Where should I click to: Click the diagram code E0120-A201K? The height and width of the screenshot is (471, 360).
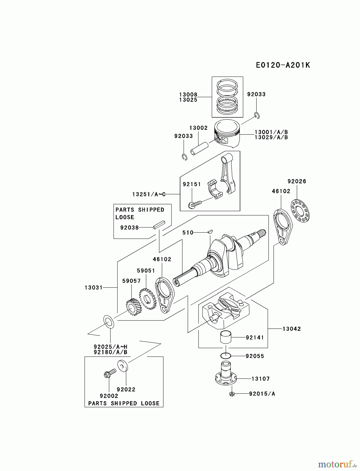pyautogui.click(x=283, y=65)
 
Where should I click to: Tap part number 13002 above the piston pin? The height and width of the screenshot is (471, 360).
pyautogui.click(x=198, y=128)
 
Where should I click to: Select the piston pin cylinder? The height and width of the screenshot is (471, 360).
pyautogui.click(x=199, y=148)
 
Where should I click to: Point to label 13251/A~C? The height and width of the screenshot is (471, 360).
pyautogui.click(x=149, y=194)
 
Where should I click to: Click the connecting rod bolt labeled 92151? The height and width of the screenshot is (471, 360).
pyautogui.click(x=195, y=204)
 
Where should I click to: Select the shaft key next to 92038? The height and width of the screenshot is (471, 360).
pyautogui.click(x=159, y=225)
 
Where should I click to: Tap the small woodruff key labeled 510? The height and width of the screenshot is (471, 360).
pyautogui.click(x=210, y=231)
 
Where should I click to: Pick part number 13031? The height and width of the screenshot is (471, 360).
pyautogui.click(x=93, y=288)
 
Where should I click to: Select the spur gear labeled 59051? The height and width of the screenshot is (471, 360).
pyautogui.click(x=147, y=299)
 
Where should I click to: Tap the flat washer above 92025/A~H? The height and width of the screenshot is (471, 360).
pyautogui.click(x=109, y=322)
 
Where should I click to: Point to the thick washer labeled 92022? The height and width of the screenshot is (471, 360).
pyautogui.click(x=122, y=366)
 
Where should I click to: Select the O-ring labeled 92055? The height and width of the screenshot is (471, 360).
pyautogui.click(x=226, y=356)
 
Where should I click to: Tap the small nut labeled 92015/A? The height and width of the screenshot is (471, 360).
pyautogui.click(x=232, y=394)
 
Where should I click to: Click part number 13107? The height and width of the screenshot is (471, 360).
pyautogui.click(x=260, y=379)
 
